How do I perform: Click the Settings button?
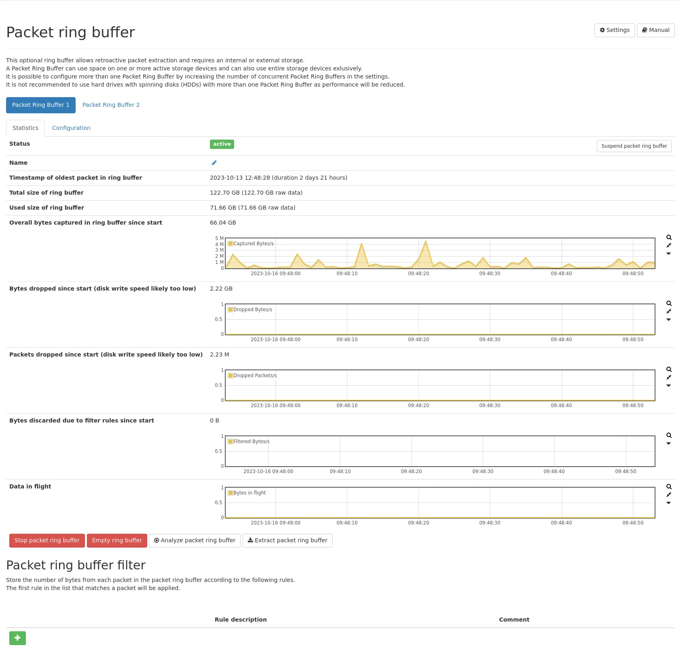[614, 30]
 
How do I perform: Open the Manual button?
[656, 30]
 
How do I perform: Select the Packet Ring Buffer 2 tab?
[111, 105]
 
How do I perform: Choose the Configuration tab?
[71, 128]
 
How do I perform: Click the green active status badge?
[222, 144]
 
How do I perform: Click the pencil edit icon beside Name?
[214, 163]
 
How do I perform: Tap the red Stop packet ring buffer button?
[47, 541]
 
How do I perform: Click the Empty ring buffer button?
[117, 541]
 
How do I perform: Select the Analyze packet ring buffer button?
[195, 541]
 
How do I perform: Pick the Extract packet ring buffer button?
[288, 541]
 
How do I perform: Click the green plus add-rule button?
[17, 638]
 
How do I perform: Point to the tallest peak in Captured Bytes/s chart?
[425, 242]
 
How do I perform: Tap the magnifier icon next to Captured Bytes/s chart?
[669, 238]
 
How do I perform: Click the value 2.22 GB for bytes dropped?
[221, 289]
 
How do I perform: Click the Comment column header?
[514, 620]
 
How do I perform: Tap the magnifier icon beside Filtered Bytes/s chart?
[669, 435]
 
